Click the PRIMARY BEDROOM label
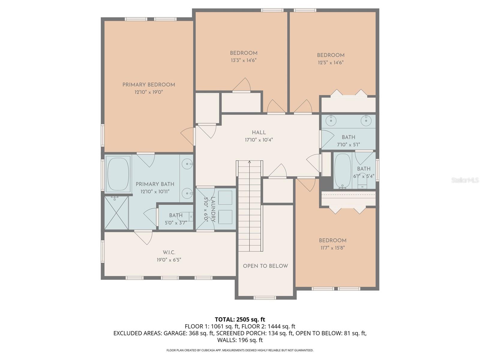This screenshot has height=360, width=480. click(148, 85)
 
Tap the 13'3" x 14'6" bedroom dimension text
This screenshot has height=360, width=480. click(244, 60)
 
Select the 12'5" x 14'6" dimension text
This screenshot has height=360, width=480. click(331, 63)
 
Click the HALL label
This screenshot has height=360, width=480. click(259, 133)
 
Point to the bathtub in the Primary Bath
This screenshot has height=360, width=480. click(118, 174)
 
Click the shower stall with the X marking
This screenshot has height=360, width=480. click(116, 213)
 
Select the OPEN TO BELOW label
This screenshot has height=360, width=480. click(265, 266)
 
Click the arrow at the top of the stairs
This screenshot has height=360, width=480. click(249, 163)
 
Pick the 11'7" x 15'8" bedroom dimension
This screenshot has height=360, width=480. click(332, 248)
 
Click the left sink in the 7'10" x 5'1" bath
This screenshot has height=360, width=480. click(331, 121)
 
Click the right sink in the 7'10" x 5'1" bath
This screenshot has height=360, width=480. click(366, 121)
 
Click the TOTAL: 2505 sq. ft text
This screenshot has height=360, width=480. click(240, 319)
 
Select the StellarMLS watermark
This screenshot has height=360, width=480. click(465, 180)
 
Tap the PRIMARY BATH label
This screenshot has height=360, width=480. click(155, 184)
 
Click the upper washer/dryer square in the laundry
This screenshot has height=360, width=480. click(225, 198)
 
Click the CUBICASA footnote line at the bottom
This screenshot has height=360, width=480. click(240, 350)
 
